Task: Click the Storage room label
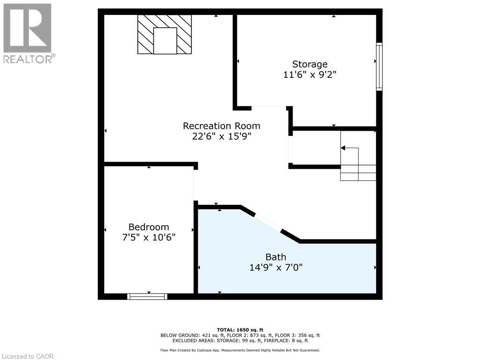pyautogui.click(x=309, y=64)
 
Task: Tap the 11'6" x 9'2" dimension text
pyautogui.click(x=309, y=75)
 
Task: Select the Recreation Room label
pyautogui.click(x=221, y=126)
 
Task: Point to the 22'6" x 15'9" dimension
pyautogui.click(x=221, y=137)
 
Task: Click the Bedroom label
pyautogui.click(x=149, y=227)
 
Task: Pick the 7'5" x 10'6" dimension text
pyautogui.click(x=149, y=237)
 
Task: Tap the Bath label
pyautogui.click(x=276, y=257)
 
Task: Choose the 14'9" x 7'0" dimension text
pyautogui.click(x=276, y=267)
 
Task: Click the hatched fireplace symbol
pyautogui.click(x=165, y=34)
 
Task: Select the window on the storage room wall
pyautogui.click(x=379, y=67)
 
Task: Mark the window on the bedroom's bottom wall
pyautogui.click(x=148, y=296)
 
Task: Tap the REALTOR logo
pyautogui.click(x=28, y=33)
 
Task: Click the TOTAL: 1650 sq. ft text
pyautogui.click(x=240, y=330)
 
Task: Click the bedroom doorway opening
pyautogui.click(x=195, y=185)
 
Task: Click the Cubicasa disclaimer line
pyautogui.click(x=240, y=350)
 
